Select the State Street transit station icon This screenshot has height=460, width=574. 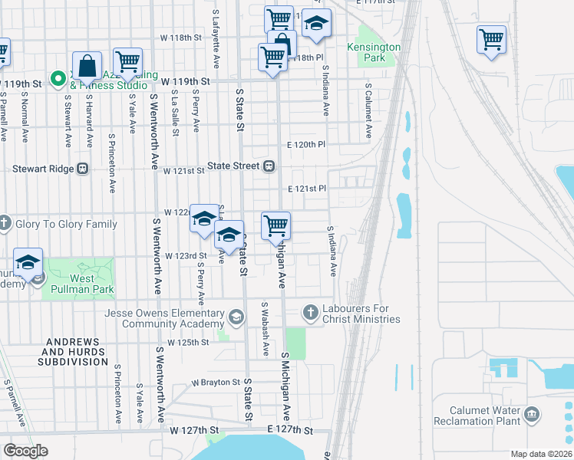click(x=269, y=166)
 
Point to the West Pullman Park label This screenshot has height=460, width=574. click(x=78, y=284)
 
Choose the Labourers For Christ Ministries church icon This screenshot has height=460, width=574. click(x=310, y=311)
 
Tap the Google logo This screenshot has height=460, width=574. click(x=26, y=450)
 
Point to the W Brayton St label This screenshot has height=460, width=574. click(x=216, y=382)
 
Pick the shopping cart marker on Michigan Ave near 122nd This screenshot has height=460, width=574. click(x=275, y=226)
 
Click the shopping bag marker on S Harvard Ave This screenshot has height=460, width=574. click(x=87, y=65)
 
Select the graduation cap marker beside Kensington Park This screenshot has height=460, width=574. click(x=315, y=24)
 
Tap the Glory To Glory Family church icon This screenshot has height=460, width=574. click(x=5, y=224)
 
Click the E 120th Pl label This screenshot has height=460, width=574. click(x=306, y=144)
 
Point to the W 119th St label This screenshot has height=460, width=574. click(x=185, y=80)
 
